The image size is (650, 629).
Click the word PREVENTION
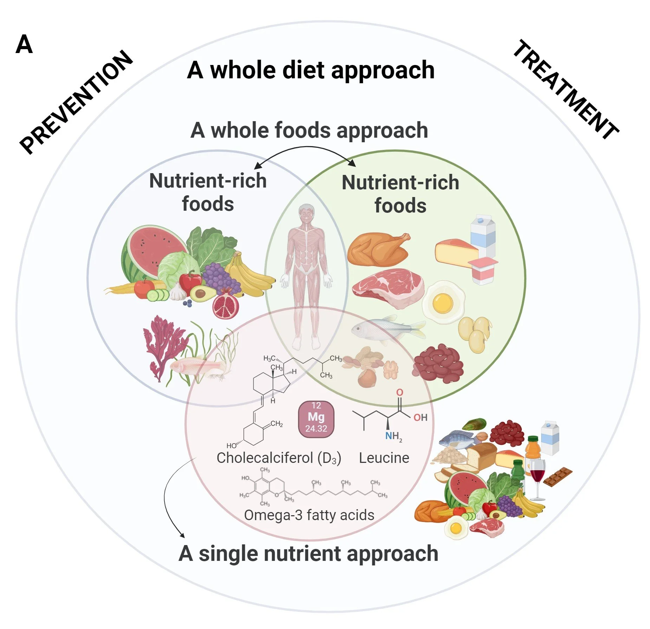click(x=76, y=102)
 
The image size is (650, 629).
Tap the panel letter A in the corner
click(x=24, y=45)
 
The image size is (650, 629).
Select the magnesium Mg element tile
click(x=316, y=419)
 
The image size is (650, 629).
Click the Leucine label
click(x=384, y=458)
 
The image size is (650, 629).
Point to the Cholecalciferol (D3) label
click(x=279, y=458)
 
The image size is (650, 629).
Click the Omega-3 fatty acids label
click(x=309, y=515)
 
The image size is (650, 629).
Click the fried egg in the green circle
click(x=443, y=302)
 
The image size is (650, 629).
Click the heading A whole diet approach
click(x=311, y=70)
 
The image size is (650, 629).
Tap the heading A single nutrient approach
click(x=308, y=554)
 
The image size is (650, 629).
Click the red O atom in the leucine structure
click(x=399, y=392)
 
